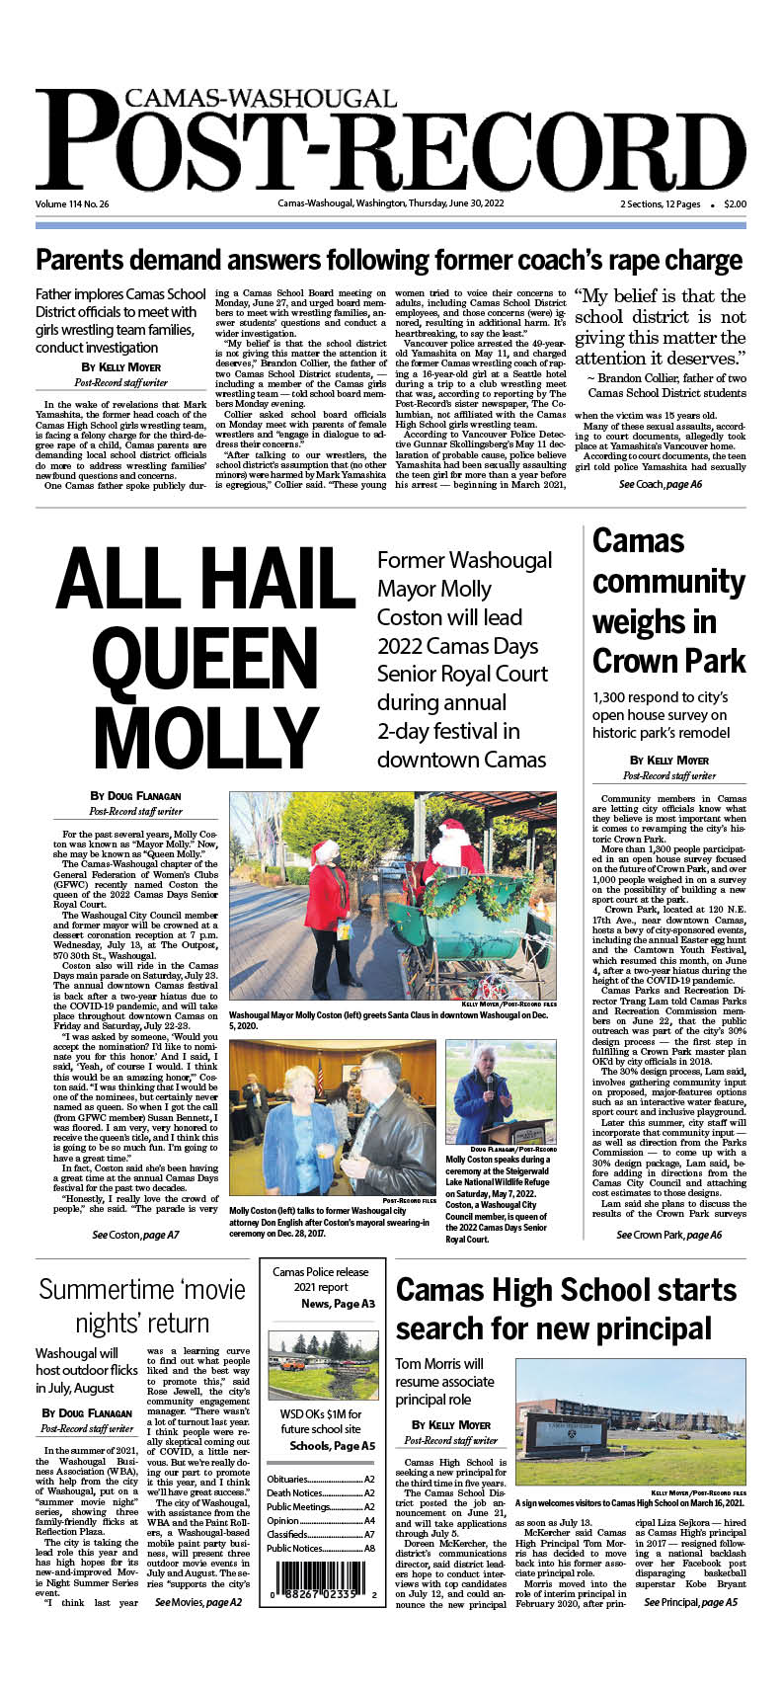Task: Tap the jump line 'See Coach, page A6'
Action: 661,485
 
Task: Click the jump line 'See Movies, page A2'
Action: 198,1602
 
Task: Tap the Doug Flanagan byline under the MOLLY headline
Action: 136,795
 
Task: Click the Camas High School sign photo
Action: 630,1421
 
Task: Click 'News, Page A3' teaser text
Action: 338,1304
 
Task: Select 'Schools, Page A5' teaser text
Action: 332,1445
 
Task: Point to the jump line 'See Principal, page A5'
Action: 690,1602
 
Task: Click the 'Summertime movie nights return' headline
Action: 142,1305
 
